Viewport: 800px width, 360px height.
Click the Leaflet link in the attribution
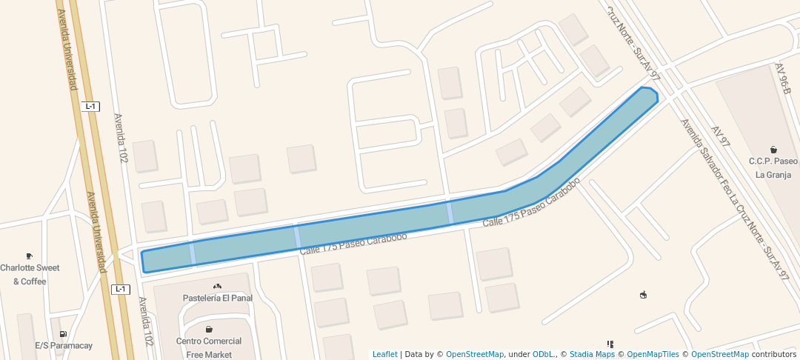(384, 354)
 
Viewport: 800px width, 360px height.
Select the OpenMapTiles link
(653, 354)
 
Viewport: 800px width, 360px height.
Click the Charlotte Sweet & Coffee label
(30, 274)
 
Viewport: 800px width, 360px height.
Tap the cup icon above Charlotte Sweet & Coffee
(29, 256)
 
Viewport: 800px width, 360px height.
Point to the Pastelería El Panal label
(218, 298)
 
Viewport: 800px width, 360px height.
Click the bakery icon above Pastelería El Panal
(217, 286)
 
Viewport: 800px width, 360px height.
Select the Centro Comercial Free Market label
(209, 347)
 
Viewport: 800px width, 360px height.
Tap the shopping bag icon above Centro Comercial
(209, 329)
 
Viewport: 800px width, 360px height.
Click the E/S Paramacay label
(64, 345)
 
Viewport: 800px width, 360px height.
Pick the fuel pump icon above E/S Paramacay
(63, 334)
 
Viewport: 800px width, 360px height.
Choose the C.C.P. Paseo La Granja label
(773, 168)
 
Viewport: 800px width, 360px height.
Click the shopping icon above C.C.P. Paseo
(773, 150)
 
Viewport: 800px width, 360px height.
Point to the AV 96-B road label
(784, 78)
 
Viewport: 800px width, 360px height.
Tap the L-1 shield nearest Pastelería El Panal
(121, 289)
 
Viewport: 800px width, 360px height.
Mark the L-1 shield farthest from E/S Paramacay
(91, 107)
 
